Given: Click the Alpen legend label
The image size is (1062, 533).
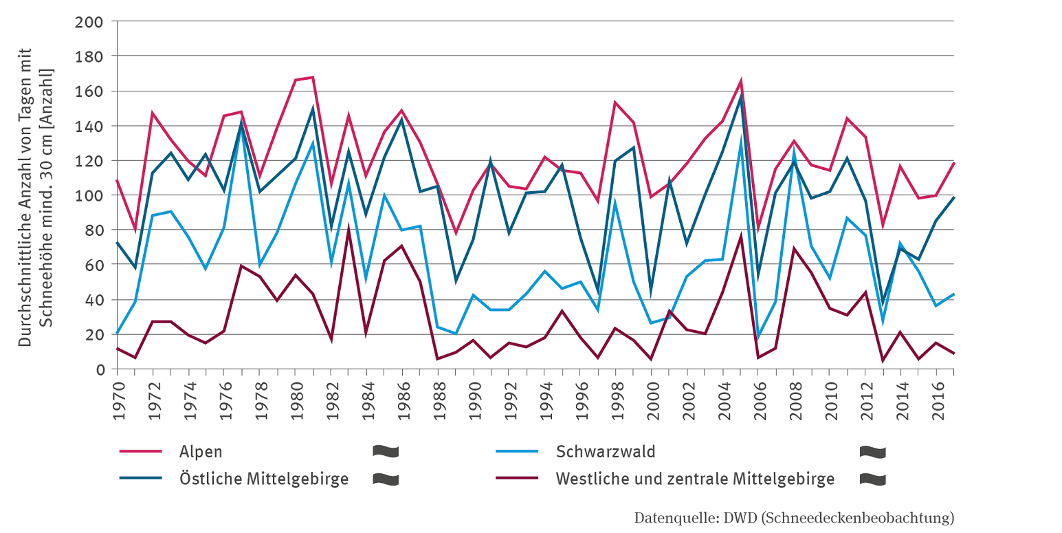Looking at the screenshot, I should click(x=201, y=452).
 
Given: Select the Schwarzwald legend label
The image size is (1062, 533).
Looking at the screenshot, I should click(x=606, y=452).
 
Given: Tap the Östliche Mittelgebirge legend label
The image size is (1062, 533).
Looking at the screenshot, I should click(x=264, y=479).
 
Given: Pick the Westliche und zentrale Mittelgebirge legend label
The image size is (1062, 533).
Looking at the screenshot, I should click(x=695, y=479).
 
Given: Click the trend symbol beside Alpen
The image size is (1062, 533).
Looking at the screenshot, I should click(x=386, y=452).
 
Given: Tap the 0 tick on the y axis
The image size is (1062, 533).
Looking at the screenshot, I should click(x=100, y=369).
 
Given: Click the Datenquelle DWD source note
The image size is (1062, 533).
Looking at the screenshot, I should click(x=794, y=517).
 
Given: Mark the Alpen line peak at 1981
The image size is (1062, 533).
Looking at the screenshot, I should click(x=313, y=77).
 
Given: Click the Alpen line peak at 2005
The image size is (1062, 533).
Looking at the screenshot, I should click(x=740, y=80).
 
